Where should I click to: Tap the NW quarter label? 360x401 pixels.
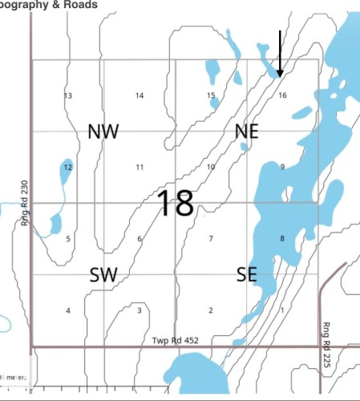tap(103, 132)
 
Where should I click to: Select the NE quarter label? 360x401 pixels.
tap(246, 132)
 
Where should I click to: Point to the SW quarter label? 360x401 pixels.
tap(103, 275)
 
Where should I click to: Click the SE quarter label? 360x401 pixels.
tap(246, 275)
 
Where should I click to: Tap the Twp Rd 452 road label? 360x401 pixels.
tap(174, 340)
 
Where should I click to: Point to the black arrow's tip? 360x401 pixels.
tap(280, 77)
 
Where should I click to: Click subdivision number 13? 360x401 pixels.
tap(68, 96)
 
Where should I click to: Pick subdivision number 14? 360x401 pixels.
tap(140, 96)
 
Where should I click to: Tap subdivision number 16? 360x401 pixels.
tap(282, 95)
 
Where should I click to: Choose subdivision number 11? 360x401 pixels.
tap(140, 167)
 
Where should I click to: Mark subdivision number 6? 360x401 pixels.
tap(140, 239)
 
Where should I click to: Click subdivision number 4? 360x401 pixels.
tap(68, 310)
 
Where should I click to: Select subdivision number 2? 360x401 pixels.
tap(211, 310)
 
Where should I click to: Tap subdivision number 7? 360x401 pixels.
tap(211, 239)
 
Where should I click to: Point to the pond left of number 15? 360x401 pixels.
tap(213, 72)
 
